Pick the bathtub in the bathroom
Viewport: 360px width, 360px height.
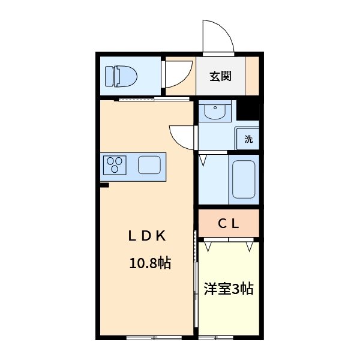point(244,179)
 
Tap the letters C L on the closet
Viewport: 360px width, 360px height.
point(229,224)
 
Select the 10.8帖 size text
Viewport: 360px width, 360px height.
point(150,262)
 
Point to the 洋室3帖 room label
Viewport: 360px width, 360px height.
point(228,289)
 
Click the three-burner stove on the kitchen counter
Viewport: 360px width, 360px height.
point(115,164)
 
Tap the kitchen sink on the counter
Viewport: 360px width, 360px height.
point(149,164)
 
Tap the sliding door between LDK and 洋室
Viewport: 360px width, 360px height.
point(196,279)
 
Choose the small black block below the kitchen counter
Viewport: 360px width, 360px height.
point(104,185)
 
